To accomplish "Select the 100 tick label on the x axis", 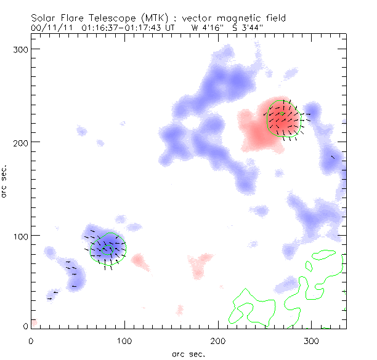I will pyautogui.click(x=124, y=340).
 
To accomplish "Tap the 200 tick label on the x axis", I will pyautogui.click(x=218, y=340).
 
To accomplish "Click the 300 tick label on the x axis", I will pyautogui.click(x=312, y=340).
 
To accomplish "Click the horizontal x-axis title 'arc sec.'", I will pyautogui.click(x=188, y=353).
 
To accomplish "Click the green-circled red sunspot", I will pyautogui.click(x=285, y=119).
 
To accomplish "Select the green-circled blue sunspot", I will pyautogui.click(x=108, y=248).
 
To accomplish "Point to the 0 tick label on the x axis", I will pyautogui.click(x=31, y=340).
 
